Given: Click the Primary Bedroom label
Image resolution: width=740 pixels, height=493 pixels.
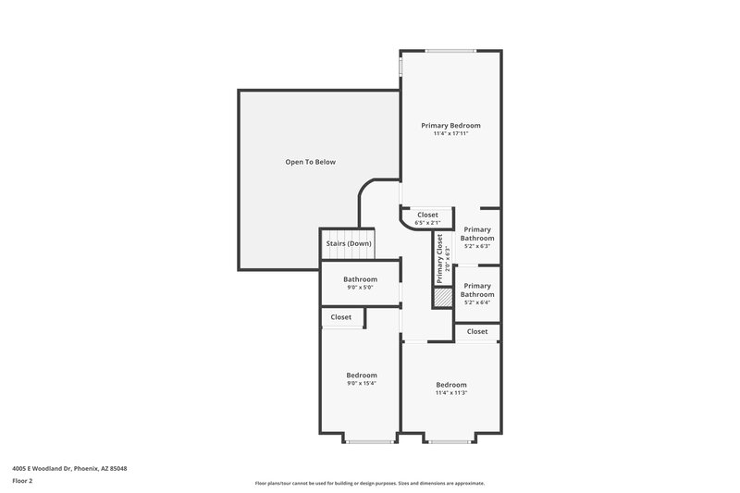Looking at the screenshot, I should click(450, 125).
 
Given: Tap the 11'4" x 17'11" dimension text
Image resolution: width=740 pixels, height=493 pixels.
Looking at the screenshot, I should click(450, 133).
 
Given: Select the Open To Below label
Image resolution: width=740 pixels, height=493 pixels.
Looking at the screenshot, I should click(310, 162).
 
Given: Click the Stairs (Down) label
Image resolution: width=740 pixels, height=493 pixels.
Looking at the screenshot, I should click(348, 243).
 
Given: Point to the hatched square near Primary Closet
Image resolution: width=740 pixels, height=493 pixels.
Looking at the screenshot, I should click(442, 298).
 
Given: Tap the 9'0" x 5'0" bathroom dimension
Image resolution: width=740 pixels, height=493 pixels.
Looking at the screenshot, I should click(360, 287).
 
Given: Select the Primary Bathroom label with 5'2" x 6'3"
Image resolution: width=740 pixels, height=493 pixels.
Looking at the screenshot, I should click(477, 233).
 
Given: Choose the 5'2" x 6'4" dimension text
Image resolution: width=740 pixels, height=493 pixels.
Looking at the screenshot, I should click(477, 302).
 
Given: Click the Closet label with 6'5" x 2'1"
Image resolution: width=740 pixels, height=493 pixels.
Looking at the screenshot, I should click(426, 215).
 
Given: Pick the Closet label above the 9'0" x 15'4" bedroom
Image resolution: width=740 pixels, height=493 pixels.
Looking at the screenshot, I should click(341, 317).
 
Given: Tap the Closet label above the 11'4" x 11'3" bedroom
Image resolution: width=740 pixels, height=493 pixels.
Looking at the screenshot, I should click(477, 331).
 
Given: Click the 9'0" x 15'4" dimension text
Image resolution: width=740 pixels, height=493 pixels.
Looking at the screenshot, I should click(361, 383).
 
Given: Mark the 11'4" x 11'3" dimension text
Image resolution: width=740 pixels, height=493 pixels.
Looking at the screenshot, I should click(451, 392).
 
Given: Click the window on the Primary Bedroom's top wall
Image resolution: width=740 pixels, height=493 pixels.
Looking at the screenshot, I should click(451, 50).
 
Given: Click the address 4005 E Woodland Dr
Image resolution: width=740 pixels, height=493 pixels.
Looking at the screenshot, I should click(70, 468).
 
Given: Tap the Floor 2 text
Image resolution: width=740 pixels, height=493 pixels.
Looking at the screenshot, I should click(22, 481).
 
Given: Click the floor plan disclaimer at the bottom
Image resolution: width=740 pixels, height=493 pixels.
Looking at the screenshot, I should click(370, 483).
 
